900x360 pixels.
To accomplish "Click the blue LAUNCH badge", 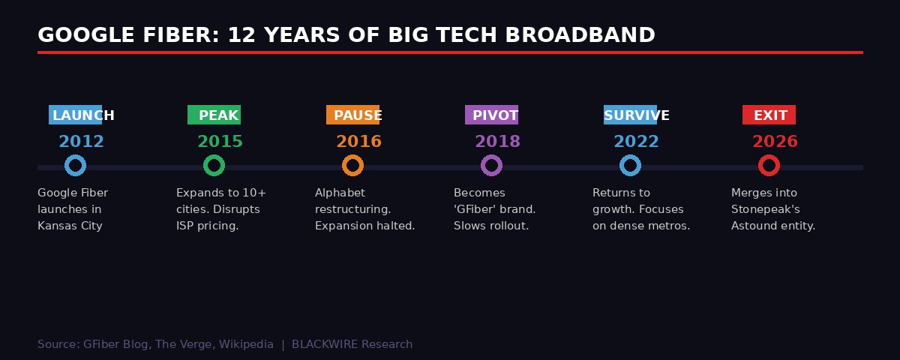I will [76, 115].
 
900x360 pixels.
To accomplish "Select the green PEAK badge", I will [214, 115].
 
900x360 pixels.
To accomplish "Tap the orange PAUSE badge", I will [353, 115].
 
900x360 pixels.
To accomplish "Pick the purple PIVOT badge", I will [492, 115].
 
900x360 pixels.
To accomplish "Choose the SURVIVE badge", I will [631, 115].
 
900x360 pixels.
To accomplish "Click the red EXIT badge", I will [769, 115].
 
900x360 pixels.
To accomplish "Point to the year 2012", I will [81, 142].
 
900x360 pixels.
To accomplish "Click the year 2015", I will [220, 142].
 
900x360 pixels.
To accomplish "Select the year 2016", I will [358, 142].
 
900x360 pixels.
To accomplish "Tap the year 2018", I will [497, 142].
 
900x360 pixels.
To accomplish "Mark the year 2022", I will [636, 142].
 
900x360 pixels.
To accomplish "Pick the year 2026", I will [775, 142].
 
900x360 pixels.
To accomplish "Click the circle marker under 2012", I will [75, 166].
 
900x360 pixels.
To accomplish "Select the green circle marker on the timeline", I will [214, 166].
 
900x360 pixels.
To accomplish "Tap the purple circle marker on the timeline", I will [491, 166].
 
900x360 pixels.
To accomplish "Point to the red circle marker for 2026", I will [769, 166].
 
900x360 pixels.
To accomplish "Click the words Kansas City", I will [70, 226].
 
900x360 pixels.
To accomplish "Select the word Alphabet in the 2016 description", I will [340, 193].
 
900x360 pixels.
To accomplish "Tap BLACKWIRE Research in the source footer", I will [352, 344].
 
